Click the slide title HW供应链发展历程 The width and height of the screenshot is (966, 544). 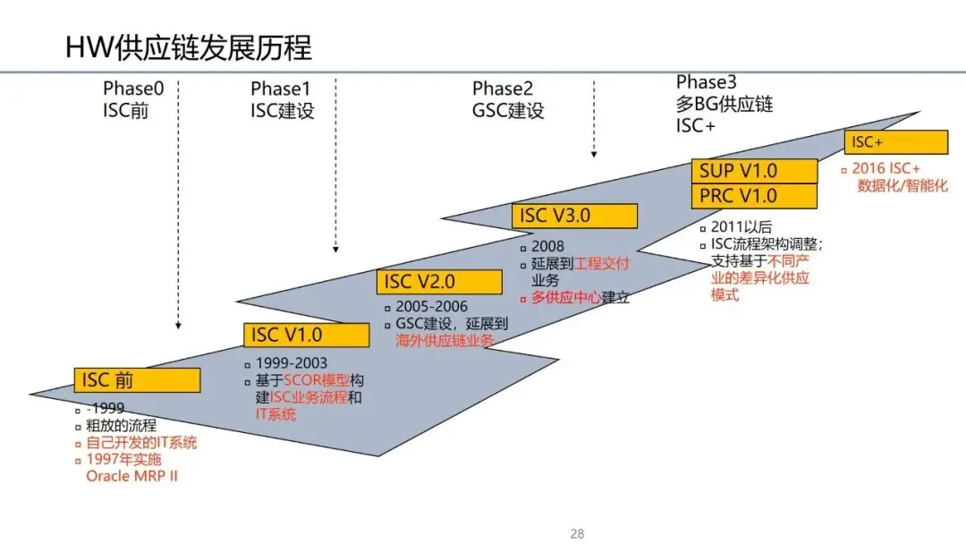(189, 47)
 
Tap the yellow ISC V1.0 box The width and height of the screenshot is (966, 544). (306, 336)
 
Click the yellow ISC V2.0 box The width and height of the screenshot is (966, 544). (438, 282)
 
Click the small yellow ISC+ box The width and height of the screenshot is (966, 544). (895, 142)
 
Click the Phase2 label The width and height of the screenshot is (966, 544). (503, 89)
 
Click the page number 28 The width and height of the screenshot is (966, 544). (577, 534)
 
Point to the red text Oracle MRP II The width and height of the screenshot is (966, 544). (131, 475)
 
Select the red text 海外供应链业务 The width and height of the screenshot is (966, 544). (445, 340)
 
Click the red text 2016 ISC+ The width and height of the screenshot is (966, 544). (885, 169)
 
